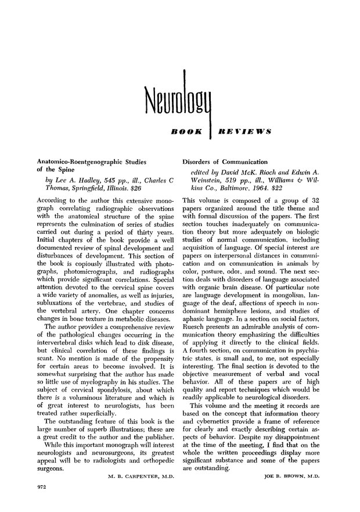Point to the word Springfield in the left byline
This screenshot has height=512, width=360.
(x=87, y=189)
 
